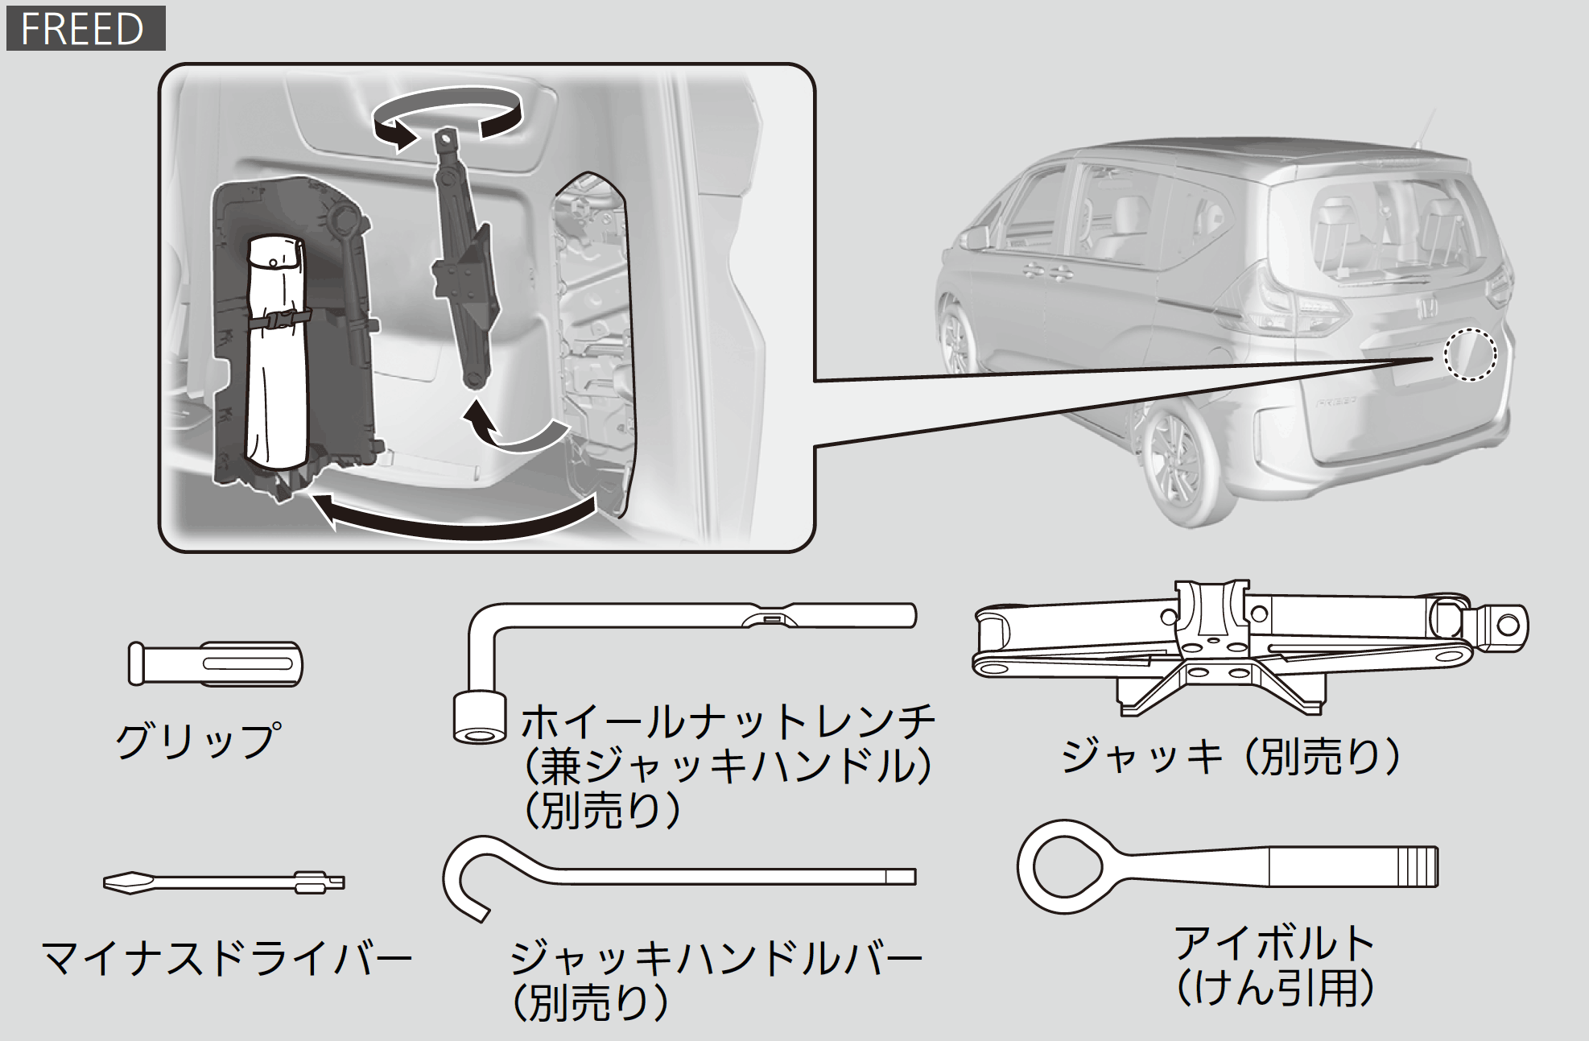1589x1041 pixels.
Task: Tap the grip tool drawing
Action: coord(215,664)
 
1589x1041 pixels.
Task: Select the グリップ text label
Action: coord(199,740)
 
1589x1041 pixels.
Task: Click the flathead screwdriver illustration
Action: coord(224,882)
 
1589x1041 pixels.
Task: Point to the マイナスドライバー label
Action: coord(227,958)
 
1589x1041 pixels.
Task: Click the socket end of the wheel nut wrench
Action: coord(480,717)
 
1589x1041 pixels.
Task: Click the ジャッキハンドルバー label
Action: coord(716,958)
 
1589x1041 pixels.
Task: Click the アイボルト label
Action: coord(1275,942)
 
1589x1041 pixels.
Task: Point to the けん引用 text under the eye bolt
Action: coord(1275,987)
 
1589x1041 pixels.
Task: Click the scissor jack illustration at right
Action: coord(1249,646)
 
